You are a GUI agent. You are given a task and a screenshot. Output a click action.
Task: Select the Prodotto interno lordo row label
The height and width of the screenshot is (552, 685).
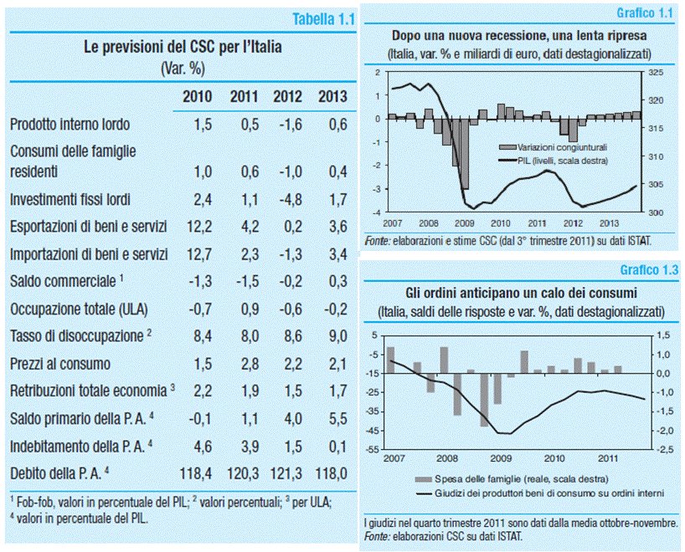click(x=70, y=125)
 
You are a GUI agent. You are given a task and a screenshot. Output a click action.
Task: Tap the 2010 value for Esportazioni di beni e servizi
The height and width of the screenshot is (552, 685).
click(x=198, y=227)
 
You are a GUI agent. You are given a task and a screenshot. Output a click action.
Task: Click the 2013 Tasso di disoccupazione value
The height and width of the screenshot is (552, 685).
click(x=332, y=336)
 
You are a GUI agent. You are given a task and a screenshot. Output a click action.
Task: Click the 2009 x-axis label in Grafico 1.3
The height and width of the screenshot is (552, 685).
click(x=500, y=458)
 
